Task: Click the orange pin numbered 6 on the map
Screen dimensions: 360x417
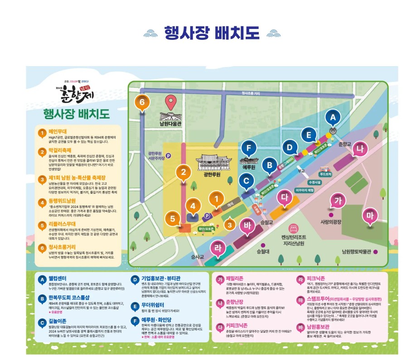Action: (142, 104)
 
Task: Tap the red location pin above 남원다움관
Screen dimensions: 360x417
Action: (171, 102)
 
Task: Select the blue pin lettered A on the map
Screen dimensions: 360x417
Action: (333, 118)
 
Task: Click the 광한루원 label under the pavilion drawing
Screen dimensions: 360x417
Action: (211, 174)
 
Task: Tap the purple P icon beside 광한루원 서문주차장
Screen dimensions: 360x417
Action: (169, 156)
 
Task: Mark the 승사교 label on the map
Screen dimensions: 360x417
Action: (198, 257)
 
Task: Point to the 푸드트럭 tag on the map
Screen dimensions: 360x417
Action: (325, 173)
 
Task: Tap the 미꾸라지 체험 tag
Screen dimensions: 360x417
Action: (305, 191)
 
